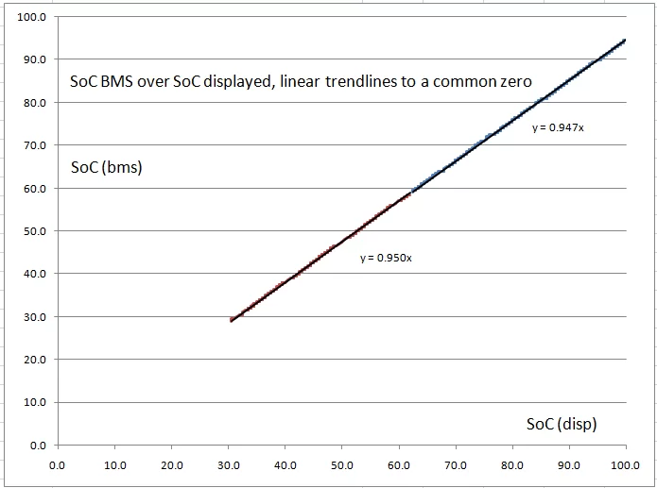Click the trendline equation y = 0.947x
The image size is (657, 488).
click(558, 127)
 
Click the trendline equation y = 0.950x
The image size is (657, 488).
click(386, 257)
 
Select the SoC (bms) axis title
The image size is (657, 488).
click(106, 168)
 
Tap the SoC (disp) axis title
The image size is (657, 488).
click(562, 424)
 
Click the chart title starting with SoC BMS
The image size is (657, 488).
click(301, 81)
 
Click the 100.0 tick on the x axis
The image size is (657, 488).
click(625, 464)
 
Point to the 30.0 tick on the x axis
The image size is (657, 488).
click(228, 464)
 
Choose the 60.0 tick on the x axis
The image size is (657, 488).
click(399, 464)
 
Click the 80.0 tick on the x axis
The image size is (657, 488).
click(513, 464)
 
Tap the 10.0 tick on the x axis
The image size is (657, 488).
click(114, 464)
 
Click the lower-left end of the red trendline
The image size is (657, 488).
click(231, 321)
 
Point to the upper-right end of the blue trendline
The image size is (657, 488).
click(626, 40)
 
